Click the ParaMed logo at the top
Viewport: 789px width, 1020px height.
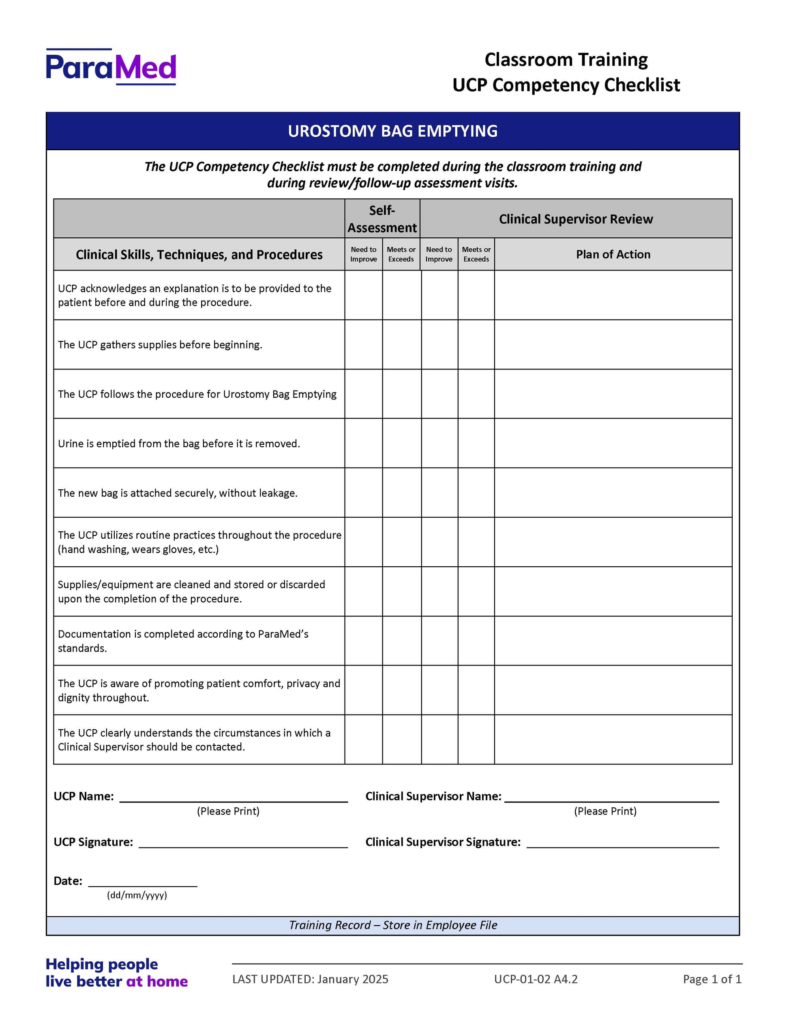point(111,67)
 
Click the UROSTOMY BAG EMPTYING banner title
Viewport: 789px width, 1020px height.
point(392,131)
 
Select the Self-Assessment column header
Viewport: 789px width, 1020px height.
point(382,219)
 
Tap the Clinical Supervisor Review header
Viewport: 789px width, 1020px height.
point(575,219)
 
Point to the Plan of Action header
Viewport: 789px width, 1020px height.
point(613,254)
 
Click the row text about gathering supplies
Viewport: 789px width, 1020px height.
point(160,345)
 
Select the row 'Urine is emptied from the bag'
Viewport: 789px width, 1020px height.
point(178,444)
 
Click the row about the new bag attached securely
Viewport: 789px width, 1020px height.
point(178,493)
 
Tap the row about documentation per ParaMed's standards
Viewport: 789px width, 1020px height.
point(183,641)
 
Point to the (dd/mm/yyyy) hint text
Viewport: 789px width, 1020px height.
point(137,895)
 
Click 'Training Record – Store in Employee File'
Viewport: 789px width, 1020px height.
point(392,925)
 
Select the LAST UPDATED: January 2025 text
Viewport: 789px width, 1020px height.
point(310,979)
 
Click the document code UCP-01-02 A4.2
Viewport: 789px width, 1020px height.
point(536,979)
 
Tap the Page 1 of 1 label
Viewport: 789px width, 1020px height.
point(712,979)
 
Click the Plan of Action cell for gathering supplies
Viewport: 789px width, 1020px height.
point(613,345)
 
